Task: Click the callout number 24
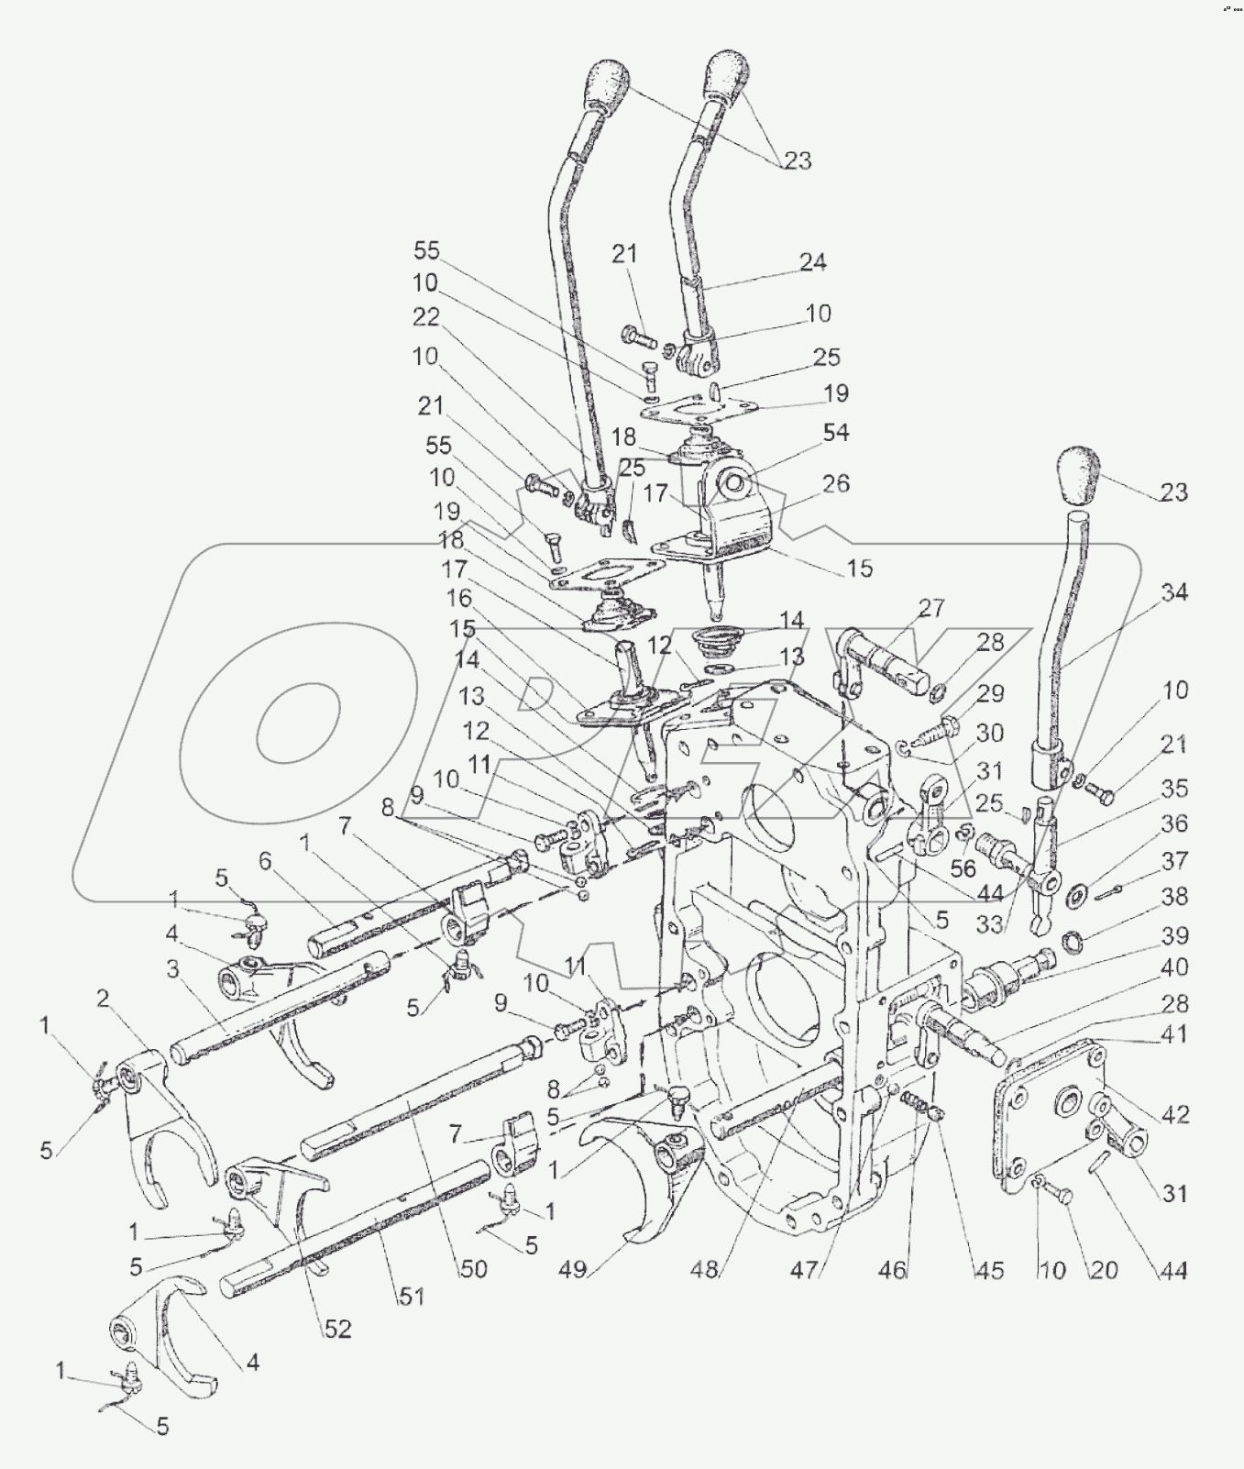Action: [812, 262]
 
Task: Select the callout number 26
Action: [835, 483]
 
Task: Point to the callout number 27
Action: [930, 609]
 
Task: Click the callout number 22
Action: [426, 317]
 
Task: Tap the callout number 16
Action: [458, 598]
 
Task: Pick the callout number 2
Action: [103, 998]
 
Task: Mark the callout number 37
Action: [1175, 860]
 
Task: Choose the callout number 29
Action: [990, 693]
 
